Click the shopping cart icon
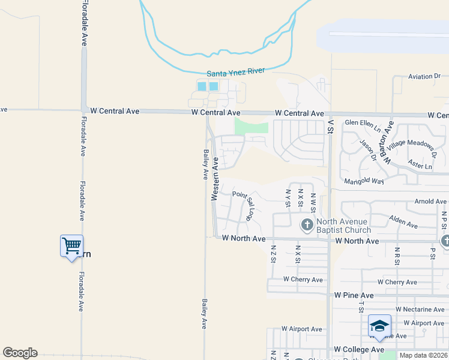click(x=71, y=245)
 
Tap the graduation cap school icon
click(x=379, y=326)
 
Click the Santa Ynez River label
click(x=236, y=73)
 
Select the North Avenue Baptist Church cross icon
click(x=307, y=226)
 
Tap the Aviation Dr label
click(x=429, y=77)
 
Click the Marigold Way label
click(x=364, y=181)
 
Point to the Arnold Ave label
click(x=430, y=202)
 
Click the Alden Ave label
click(x=403, y=221)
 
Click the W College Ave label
click(x=359, y=349)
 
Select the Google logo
click(x=20, y=353)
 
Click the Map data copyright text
click(x=424, y=355)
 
